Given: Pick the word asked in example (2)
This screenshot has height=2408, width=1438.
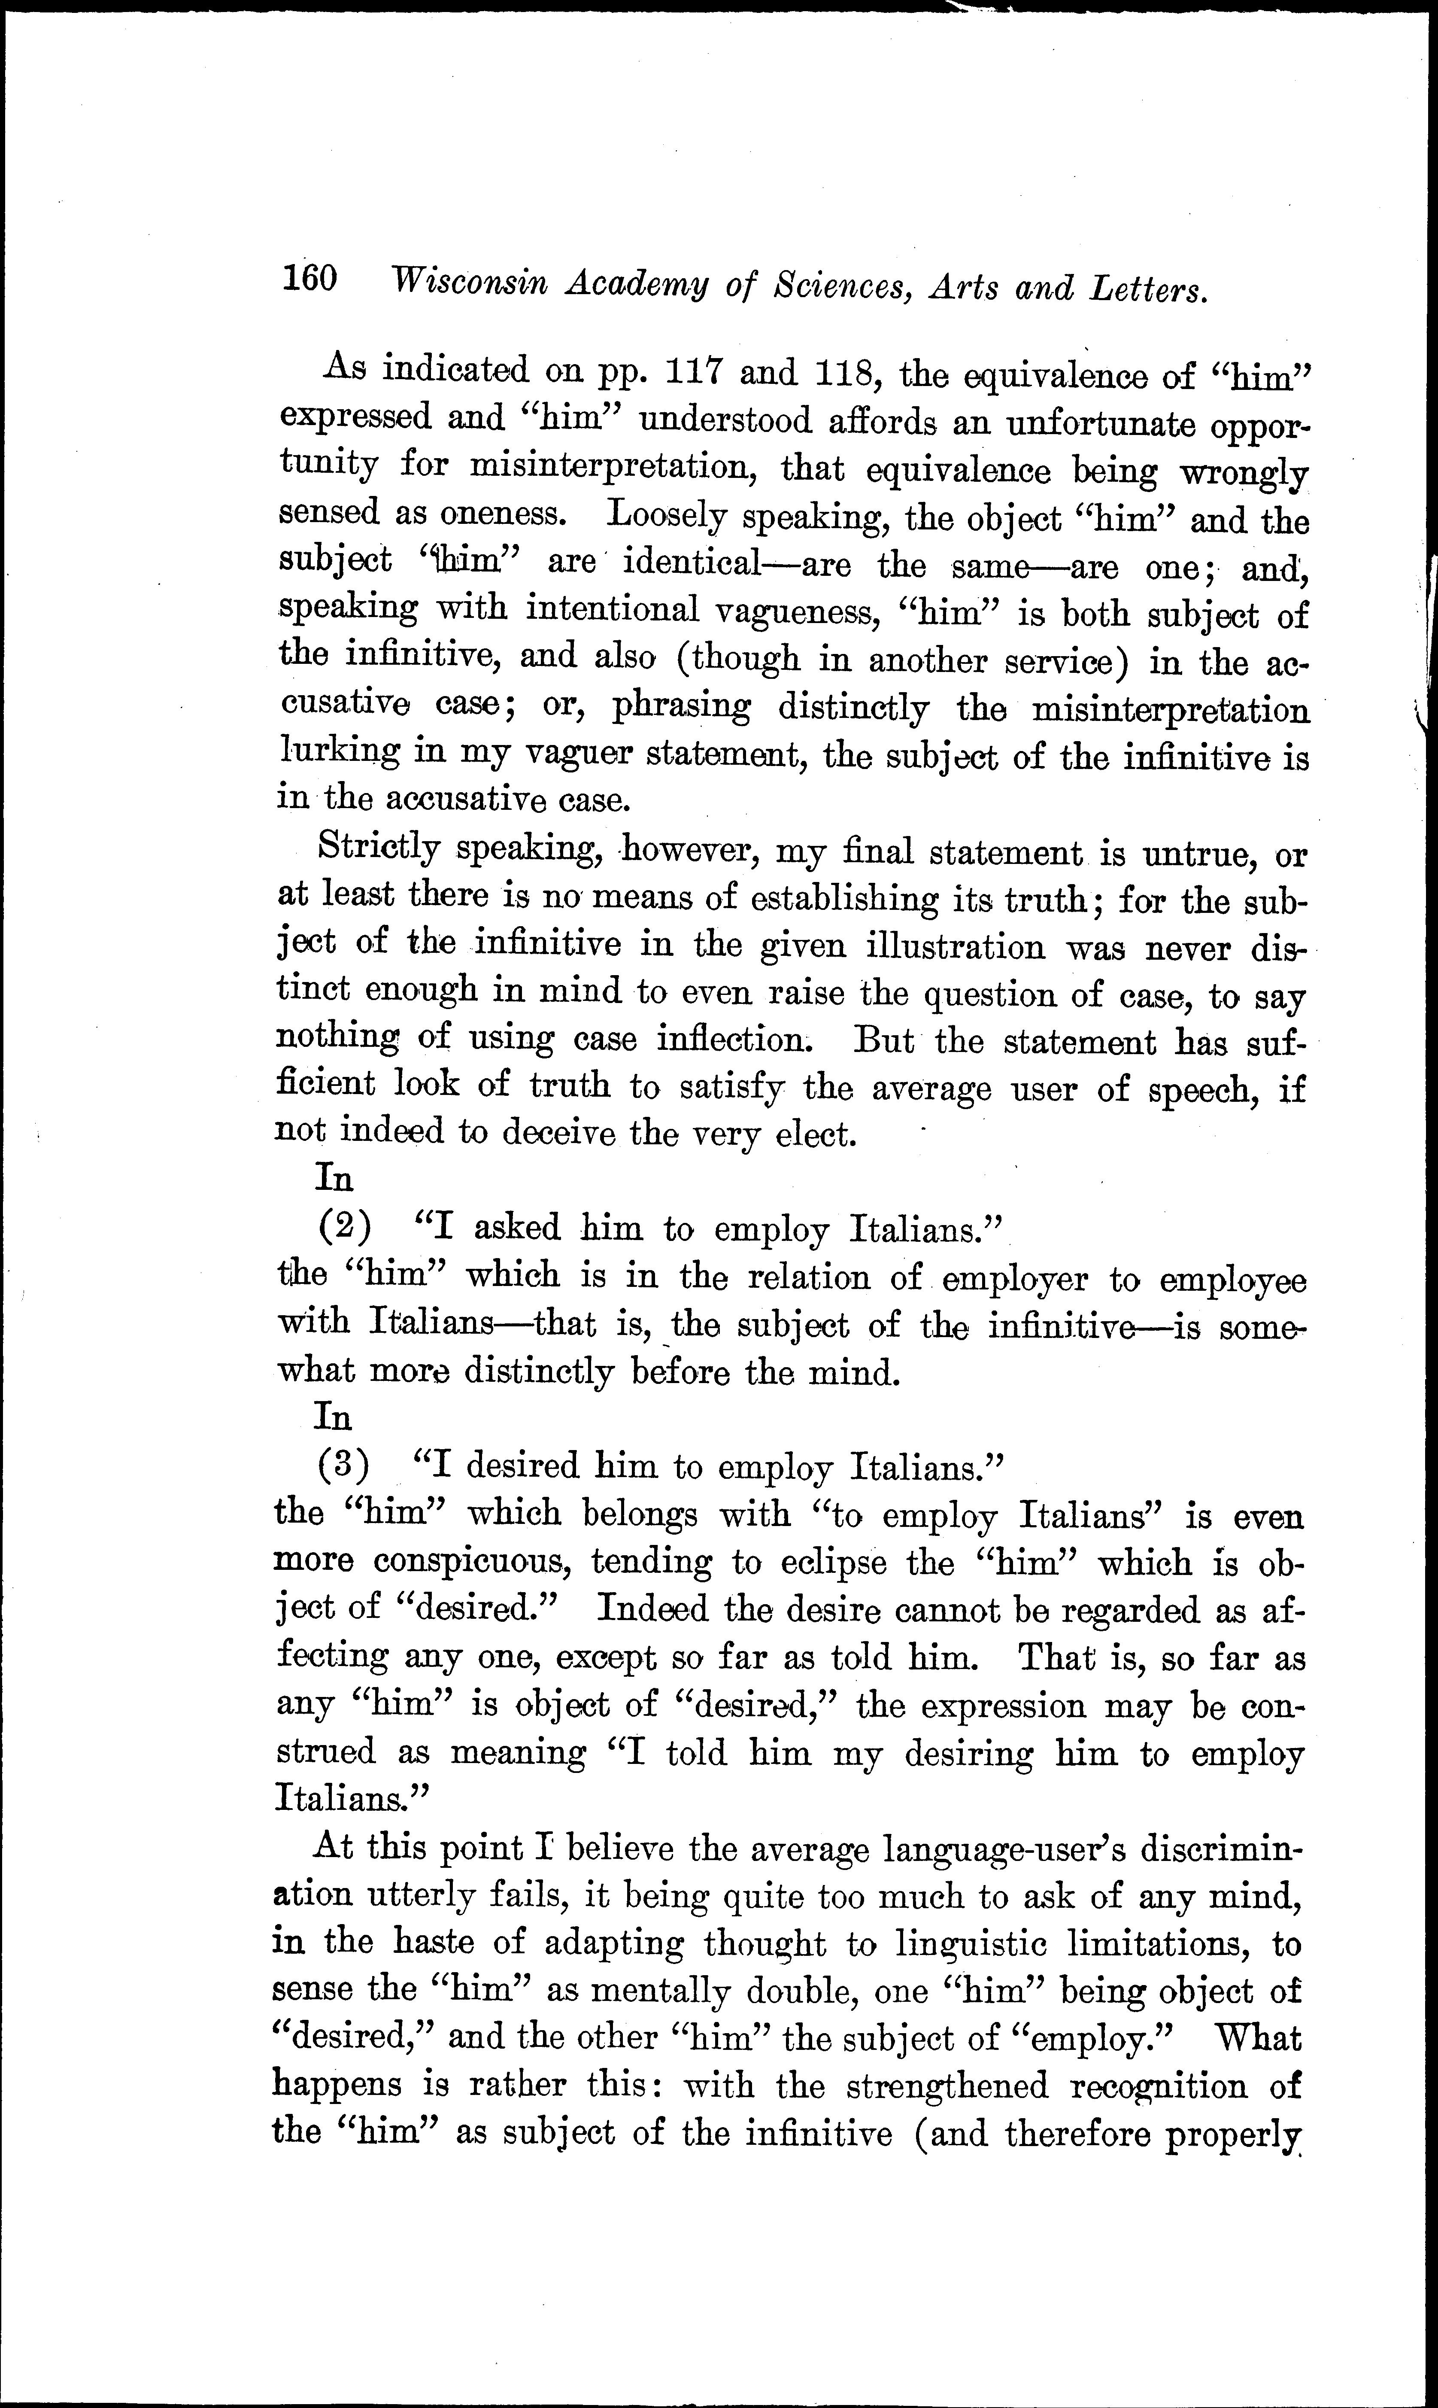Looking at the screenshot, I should (517, 1228).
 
